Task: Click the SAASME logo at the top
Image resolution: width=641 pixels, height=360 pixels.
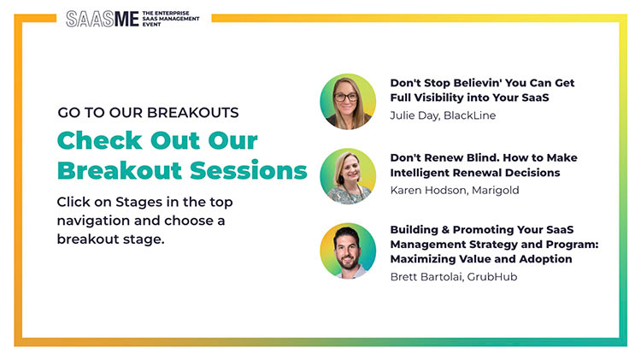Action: click(103, 19)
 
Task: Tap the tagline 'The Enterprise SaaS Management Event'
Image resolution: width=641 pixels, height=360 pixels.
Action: click(171, 19)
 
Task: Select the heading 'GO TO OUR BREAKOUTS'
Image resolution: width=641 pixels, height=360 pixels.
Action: click(148, 113)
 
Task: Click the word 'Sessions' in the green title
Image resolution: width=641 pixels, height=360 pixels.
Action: click(249, 170)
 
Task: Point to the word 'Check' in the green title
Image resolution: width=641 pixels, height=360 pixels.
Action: click(100, 141)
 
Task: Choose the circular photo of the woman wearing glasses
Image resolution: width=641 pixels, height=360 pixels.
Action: click(348, 102)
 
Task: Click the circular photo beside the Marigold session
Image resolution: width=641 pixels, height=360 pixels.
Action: click(348, 176)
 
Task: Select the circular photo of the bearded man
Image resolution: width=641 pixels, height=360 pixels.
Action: click(348, 251)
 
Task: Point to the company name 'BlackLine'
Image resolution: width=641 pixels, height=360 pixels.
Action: click(470, 115)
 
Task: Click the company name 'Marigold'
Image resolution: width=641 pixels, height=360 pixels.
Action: click(496, 191)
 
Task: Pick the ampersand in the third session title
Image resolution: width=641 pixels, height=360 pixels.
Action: click(445, 230)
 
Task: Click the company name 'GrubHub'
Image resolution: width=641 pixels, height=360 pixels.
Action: click(492, 277)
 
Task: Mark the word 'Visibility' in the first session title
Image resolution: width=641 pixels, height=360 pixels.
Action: click(438, 98)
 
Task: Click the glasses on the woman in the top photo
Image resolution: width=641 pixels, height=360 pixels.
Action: click(346, 97)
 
